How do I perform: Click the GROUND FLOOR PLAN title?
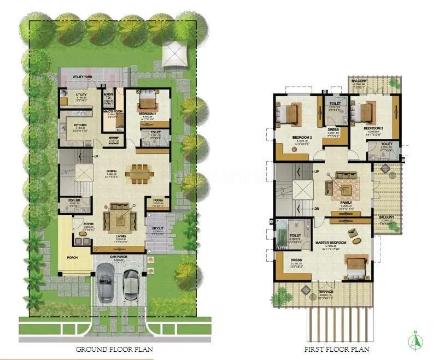114,349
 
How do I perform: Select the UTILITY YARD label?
83,77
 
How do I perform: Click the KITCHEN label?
80,125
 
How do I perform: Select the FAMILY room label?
345,202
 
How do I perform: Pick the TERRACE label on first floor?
325,292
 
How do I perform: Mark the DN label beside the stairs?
317,208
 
